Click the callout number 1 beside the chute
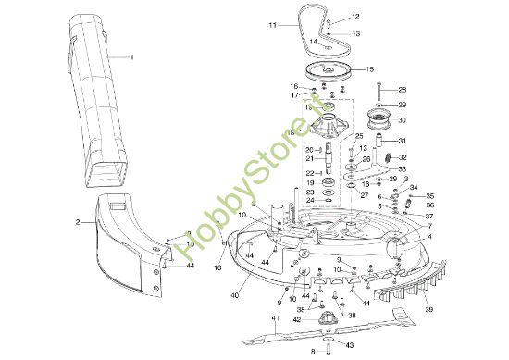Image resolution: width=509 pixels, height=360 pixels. pyautogui.click(x=132, y=57)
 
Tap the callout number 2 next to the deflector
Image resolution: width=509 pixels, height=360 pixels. pyautogui.click(x=79, y=222)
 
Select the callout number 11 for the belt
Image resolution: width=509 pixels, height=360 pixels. pyautogui.click(x=273, y=26)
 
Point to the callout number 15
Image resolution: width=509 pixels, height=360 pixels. pyautogui.click(x=370, y=69)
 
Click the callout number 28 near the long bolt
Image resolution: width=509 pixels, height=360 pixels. pyautogui.click(x=403, y=90)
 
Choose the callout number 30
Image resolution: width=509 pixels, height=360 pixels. pyautogui.click(x=402, y=119)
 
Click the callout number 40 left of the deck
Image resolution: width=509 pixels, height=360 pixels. pyautogui.click(x=235, y=295)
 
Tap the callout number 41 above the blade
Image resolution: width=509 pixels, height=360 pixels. pyautogui.click(x=274, y=319)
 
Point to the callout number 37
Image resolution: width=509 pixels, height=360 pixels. pyautogui.click(x=428, y=215)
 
